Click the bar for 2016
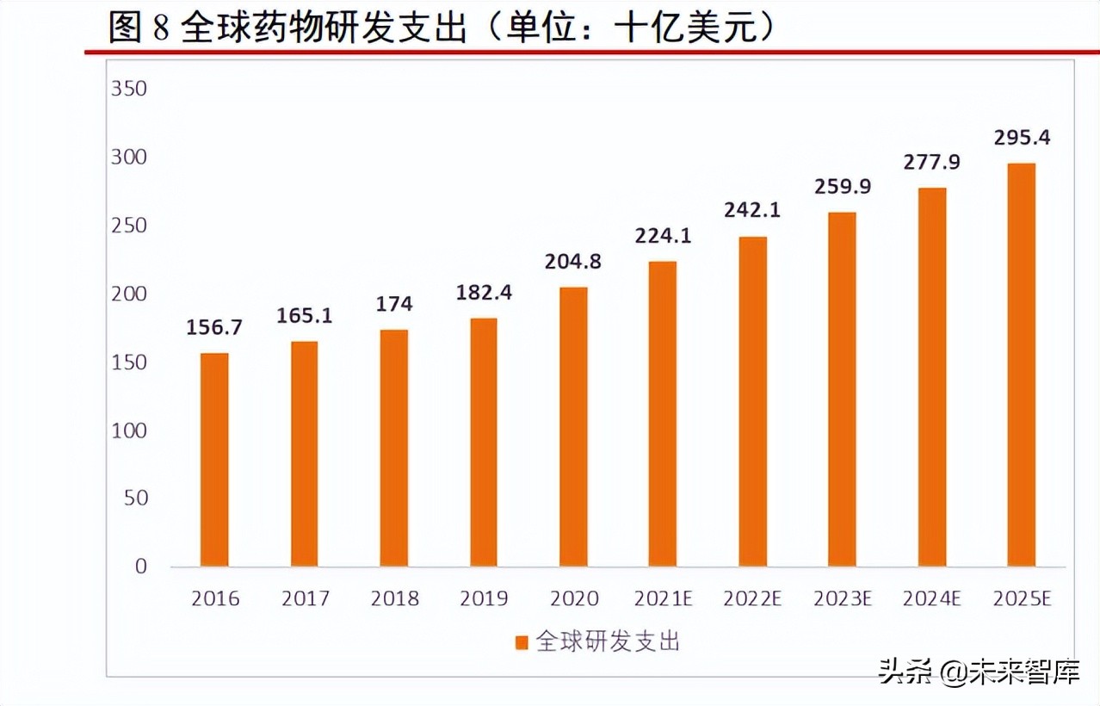(214, 460)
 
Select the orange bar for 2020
(572, 427)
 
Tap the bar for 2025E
(1021, 365)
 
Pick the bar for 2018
(393, 448)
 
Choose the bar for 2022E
(752, 401)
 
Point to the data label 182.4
(483, 293)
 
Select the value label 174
(393, 304)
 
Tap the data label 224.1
(662, 236)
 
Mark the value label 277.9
(931, 162)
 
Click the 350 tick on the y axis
(129, 90)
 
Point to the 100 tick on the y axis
(129, 430)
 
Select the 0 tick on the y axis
(140, 567)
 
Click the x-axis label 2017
(305, 598)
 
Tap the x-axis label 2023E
(842, 598)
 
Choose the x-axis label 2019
(484, 598)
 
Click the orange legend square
(521, 642)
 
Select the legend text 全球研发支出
(608, 641)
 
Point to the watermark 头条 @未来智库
(979, 672)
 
